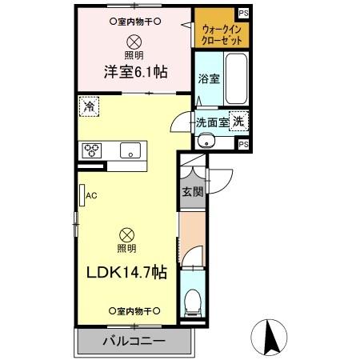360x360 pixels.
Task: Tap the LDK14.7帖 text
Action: tap(126, 272)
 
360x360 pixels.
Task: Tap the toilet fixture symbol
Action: tap(192, 302)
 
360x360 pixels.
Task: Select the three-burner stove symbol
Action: tap(92, 149)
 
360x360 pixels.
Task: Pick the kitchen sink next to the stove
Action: tap(129, 150)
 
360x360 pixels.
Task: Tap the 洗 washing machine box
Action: tap(238, 122)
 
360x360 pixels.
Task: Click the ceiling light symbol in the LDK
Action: tap(126, 234)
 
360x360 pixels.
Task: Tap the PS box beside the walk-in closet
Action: tap(243, 14)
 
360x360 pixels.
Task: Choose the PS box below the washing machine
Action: tap(243, 144)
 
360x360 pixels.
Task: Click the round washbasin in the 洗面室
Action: tap(206, 141)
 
